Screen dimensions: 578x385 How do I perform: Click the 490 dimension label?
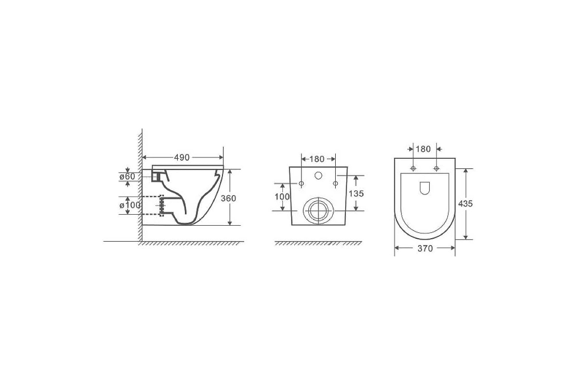[x=182, y=157]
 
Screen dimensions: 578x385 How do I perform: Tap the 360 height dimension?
[x=228, y=198]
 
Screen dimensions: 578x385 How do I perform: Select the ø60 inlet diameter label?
[x=127, y=177]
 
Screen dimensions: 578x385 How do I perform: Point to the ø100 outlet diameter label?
[x=130, y=205]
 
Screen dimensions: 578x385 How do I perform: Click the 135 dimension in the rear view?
[x=356, y=193]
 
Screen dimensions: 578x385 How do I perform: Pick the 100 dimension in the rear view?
[x=282, y=197]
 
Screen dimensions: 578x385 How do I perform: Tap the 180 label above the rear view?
[x=316, y=159]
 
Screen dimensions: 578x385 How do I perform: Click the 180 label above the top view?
[x=423, y=149]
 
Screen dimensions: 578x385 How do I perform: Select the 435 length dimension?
[x=465, y=204]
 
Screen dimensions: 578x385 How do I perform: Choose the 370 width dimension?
[x=425, y=248]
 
